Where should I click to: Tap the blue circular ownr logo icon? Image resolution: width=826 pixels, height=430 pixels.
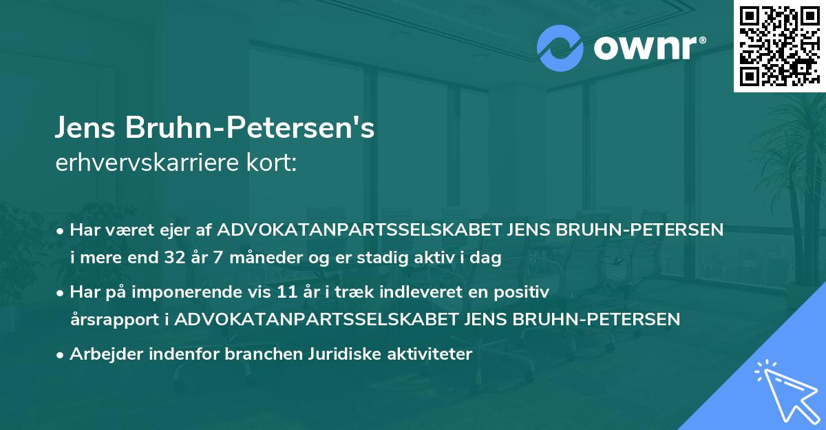(561, 48)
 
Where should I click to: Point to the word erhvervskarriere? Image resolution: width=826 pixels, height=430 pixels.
(147, 164)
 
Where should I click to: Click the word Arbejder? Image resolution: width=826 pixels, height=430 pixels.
(103, 354)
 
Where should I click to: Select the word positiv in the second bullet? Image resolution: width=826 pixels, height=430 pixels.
(526, 293)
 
